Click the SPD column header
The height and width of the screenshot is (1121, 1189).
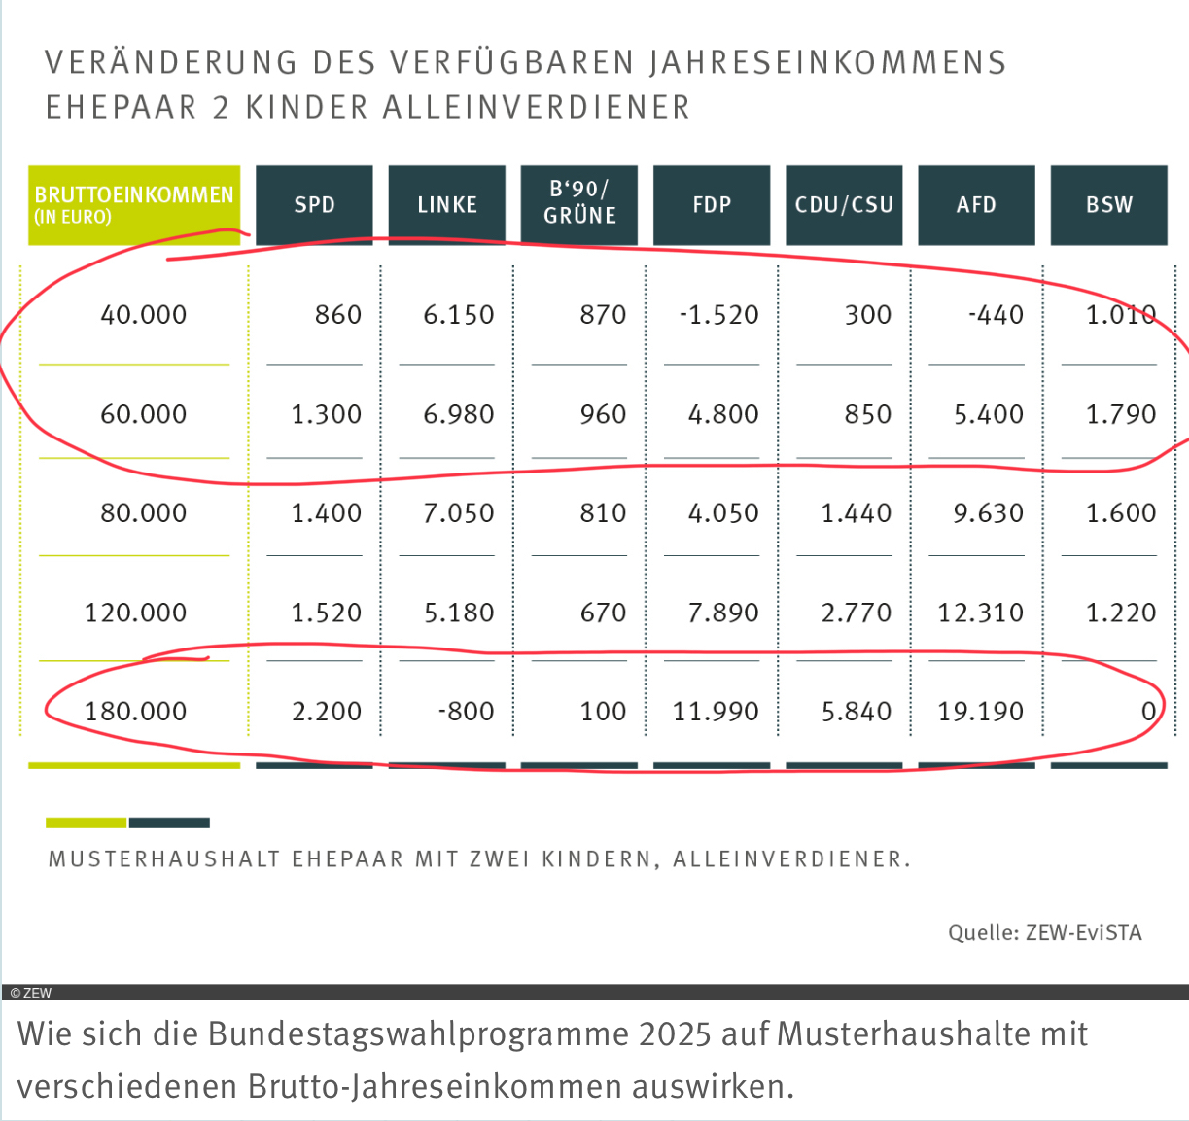click(x=314, y=205)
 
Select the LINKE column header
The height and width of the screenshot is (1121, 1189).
click(x=447, y=205)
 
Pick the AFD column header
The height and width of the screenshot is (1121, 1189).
click(x=976, y=205)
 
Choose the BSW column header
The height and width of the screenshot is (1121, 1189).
click(x=1109, y=205)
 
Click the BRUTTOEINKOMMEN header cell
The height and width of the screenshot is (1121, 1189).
click(x=134, y=204)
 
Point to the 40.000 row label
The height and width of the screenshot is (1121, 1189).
click(x=144, y=315)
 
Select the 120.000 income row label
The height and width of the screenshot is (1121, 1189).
click(x=136, y=613)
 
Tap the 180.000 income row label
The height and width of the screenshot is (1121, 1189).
click(x=136, y=712)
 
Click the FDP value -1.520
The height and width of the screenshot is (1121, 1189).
click(x=719, y=315)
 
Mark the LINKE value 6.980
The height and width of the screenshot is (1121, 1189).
click(x=459, y=415)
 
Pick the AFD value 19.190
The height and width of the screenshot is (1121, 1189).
click(x=981, y=712)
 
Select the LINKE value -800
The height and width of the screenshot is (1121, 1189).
click(x=466, y=712)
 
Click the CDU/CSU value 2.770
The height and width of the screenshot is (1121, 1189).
click(x=857, y=613)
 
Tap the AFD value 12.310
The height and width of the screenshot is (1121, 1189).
click(x=981, y=613)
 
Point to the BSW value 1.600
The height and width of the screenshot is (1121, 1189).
click(x=1121, y=513)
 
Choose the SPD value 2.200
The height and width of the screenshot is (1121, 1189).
click(x=327, y=712)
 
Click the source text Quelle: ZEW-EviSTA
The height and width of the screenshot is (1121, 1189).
click(x=1045, y=933)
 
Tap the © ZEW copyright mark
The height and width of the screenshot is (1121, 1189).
click(x=31, y=993)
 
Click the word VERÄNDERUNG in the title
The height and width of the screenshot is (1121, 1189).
click(x=171, y=62)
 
